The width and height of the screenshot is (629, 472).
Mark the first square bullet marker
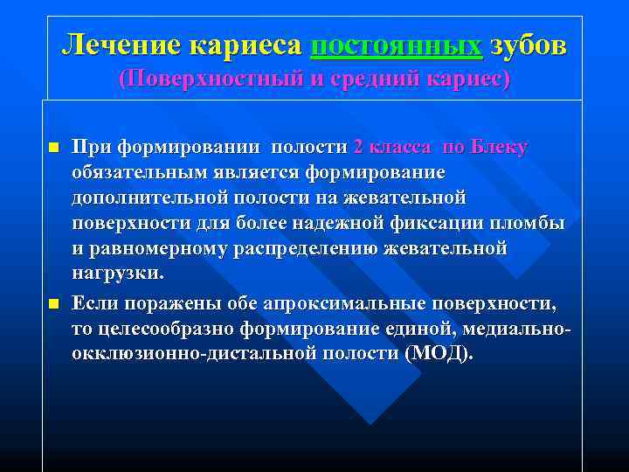point(52,147)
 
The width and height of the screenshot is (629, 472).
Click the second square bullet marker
point(52,304)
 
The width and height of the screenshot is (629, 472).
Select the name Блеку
point(499,147)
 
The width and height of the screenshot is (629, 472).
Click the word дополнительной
point(142,198)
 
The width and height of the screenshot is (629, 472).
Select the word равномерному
point(158,248)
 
